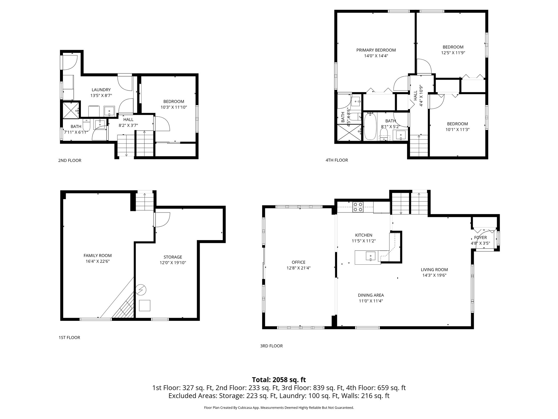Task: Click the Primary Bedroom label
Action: pyautogui.click(x=376, y=50)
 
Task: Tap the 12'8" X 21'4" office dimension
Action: pyautogui.click(x=299, y=268)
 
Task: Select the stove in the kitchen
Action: pyautogui.click(x=358, y=207)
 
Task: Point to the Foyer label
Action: pyautogui.click(x=480, y=238)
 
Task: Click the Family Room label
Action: pyautogui.click(x=98, y=256)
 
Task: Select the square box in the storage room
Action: pyautogui.click(x=145, y=306)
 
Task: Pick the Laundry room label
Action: pyautogui.click(x=101, y=90)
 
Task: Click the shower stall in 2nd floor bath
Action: pyautogui.click(x=72, y=110)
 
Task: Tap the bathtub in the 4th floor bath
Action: pyautogui.click(x=370, y=127)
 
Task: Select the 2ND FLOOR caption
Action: pyautogui.click(x=70, y=160)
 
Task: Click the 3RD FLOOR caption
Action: pyautogui.click(x=271, y=346)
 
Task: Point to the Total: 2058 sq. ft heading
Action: pyautogui.click(x=279, y=380)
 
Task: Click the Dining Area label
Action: pyautogui.click(x=371, y=295)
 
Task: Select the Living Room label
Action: pyautogui.click(x=434, y=270)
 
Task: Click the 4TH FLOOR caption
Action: pyautogui.click(x=337, y=160)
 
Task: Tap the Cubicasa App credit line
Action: pyautogui.click(x=279, y=408)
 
